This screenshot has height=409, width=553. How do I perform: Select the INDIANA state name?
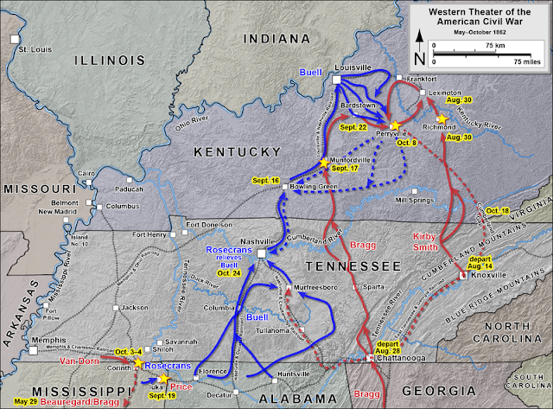(x=276, y=39)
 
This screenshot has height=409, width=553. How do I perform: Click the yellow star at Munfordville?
(x=325, y=162)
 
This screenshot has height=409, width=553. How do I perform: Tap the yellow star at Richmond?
(x=442, y=118)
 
